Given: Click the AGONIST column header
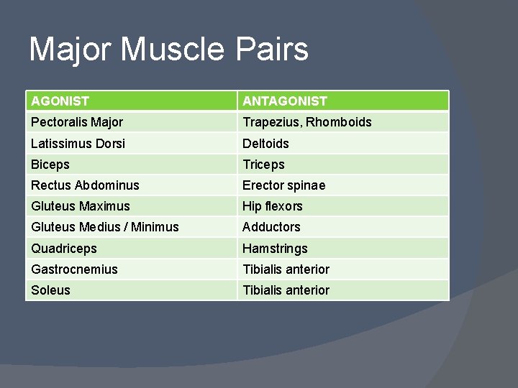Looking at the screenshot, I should (60, 101).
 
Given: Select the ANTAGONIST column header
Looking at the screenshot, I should (285, 101).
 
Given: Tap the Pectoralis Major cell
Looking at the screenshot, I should (77, 122).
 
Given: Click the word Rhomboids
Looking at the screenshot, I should (339, 122).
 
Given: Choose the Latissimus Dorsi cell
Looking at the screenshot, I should (78, 144).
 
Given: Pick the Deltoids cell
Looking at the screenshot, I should (265, 144).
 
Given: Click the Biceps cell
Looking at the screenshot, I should (50, 165).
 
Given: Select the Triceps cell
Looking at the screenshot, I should (263, 165).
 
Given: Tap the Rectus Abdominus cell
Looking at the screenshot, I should (85, 185).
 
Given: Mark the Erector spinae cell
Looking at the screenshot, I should (283, 185).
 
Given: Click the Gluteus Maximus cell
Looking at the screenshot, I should (81, 206).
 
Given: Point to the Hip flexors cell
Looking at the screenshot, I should (272, 206).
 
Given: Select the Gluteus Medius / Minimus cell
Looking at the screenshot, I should (105, 227).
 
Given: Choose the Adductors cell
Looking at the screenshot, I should (271, 227).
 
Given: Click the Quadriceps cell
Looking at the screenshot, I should (64, 249).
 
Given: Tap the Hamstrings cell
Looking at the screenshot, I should (275, 249).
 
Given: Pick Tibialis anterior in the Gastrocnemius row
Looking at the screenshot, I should (286, 269).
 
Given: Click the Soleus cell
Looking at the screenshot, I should (50, 290).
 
